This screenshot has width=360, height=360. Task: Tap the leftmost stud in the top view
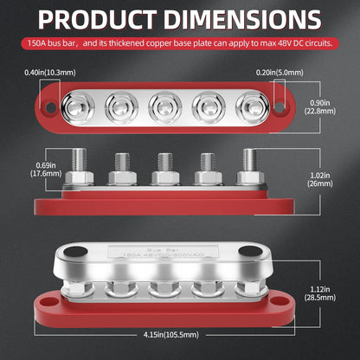pyautogui.click(x=75, y=106)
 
